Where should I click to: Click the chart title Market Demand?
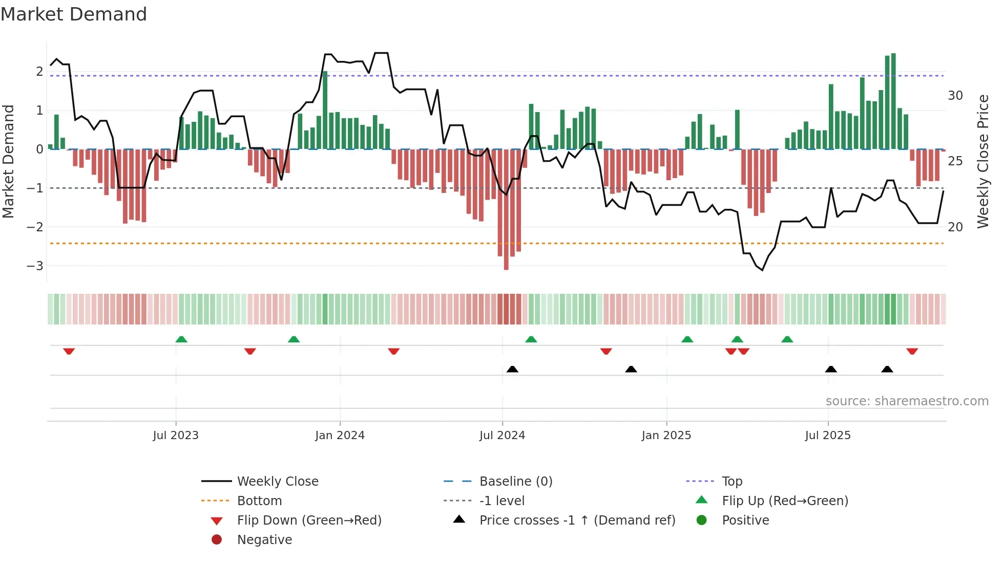click(74, 14)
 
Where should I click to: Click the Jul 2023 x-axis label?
click(175, 436)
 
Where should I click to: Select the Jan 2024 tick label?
click(340, 436)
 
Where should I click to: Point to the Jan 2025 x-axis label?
click(666, 436)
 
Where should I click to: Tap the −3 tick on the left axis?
click(35, 266)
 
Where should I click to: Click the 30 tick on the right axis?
click(955, 96)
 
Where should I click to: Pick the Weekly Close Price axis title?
click(982, 161)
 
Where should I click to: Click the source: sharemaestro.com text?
click(907, 401)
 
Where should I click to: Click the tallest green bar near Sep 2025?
click(893, 101)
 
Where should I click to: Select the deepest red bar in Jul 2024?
click(506, 210)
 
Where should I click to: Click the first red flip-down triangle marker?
click(69, 351)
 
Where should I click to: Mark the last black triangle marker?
click(887, 369)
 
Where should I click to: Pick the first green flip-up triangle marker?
click(181, 339)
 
